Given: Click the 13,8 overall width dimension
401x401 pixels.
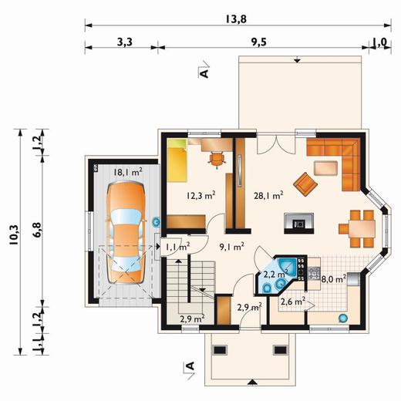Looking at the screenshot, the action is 236,19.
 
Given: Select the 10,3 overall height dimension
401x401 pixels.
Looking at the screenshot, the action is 14,234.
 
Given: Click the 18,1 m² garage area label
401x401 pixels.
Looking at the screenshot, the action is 128,172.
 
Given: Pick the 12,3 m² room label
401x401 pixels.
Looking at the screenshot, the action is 200,196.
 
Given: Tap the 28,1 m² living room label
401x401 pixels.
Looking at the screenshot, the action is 268,196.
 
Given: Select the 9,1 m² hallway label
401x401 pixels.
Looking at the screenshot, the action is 231,247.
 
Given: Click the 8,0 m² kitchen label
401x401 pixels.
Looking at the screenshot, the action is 334,278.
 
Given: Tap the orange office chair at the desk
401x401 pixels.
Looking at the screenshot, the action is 217,160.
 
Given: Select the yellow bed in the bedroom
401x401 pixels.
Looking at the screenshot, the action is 177,160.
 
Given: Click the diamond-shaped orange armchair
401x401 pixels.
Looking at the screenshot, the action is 305,184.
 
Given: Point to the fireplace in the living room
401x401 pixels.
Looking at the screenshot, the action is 299,223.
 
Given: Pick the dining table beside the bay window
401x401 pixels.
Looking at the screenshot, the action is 362,229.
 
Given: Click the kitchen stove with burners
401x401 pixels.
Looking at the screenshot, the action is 314,273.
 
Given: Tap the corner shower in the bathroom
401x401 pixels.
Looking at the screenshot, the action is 286,266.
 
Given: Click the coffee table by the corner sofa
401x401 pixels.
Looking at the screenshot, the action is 325,168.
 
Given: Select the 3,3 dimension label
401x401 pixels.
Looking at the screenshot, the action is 125,42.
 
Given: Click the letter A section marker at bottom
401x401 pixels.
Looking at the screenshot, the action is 190,366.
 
